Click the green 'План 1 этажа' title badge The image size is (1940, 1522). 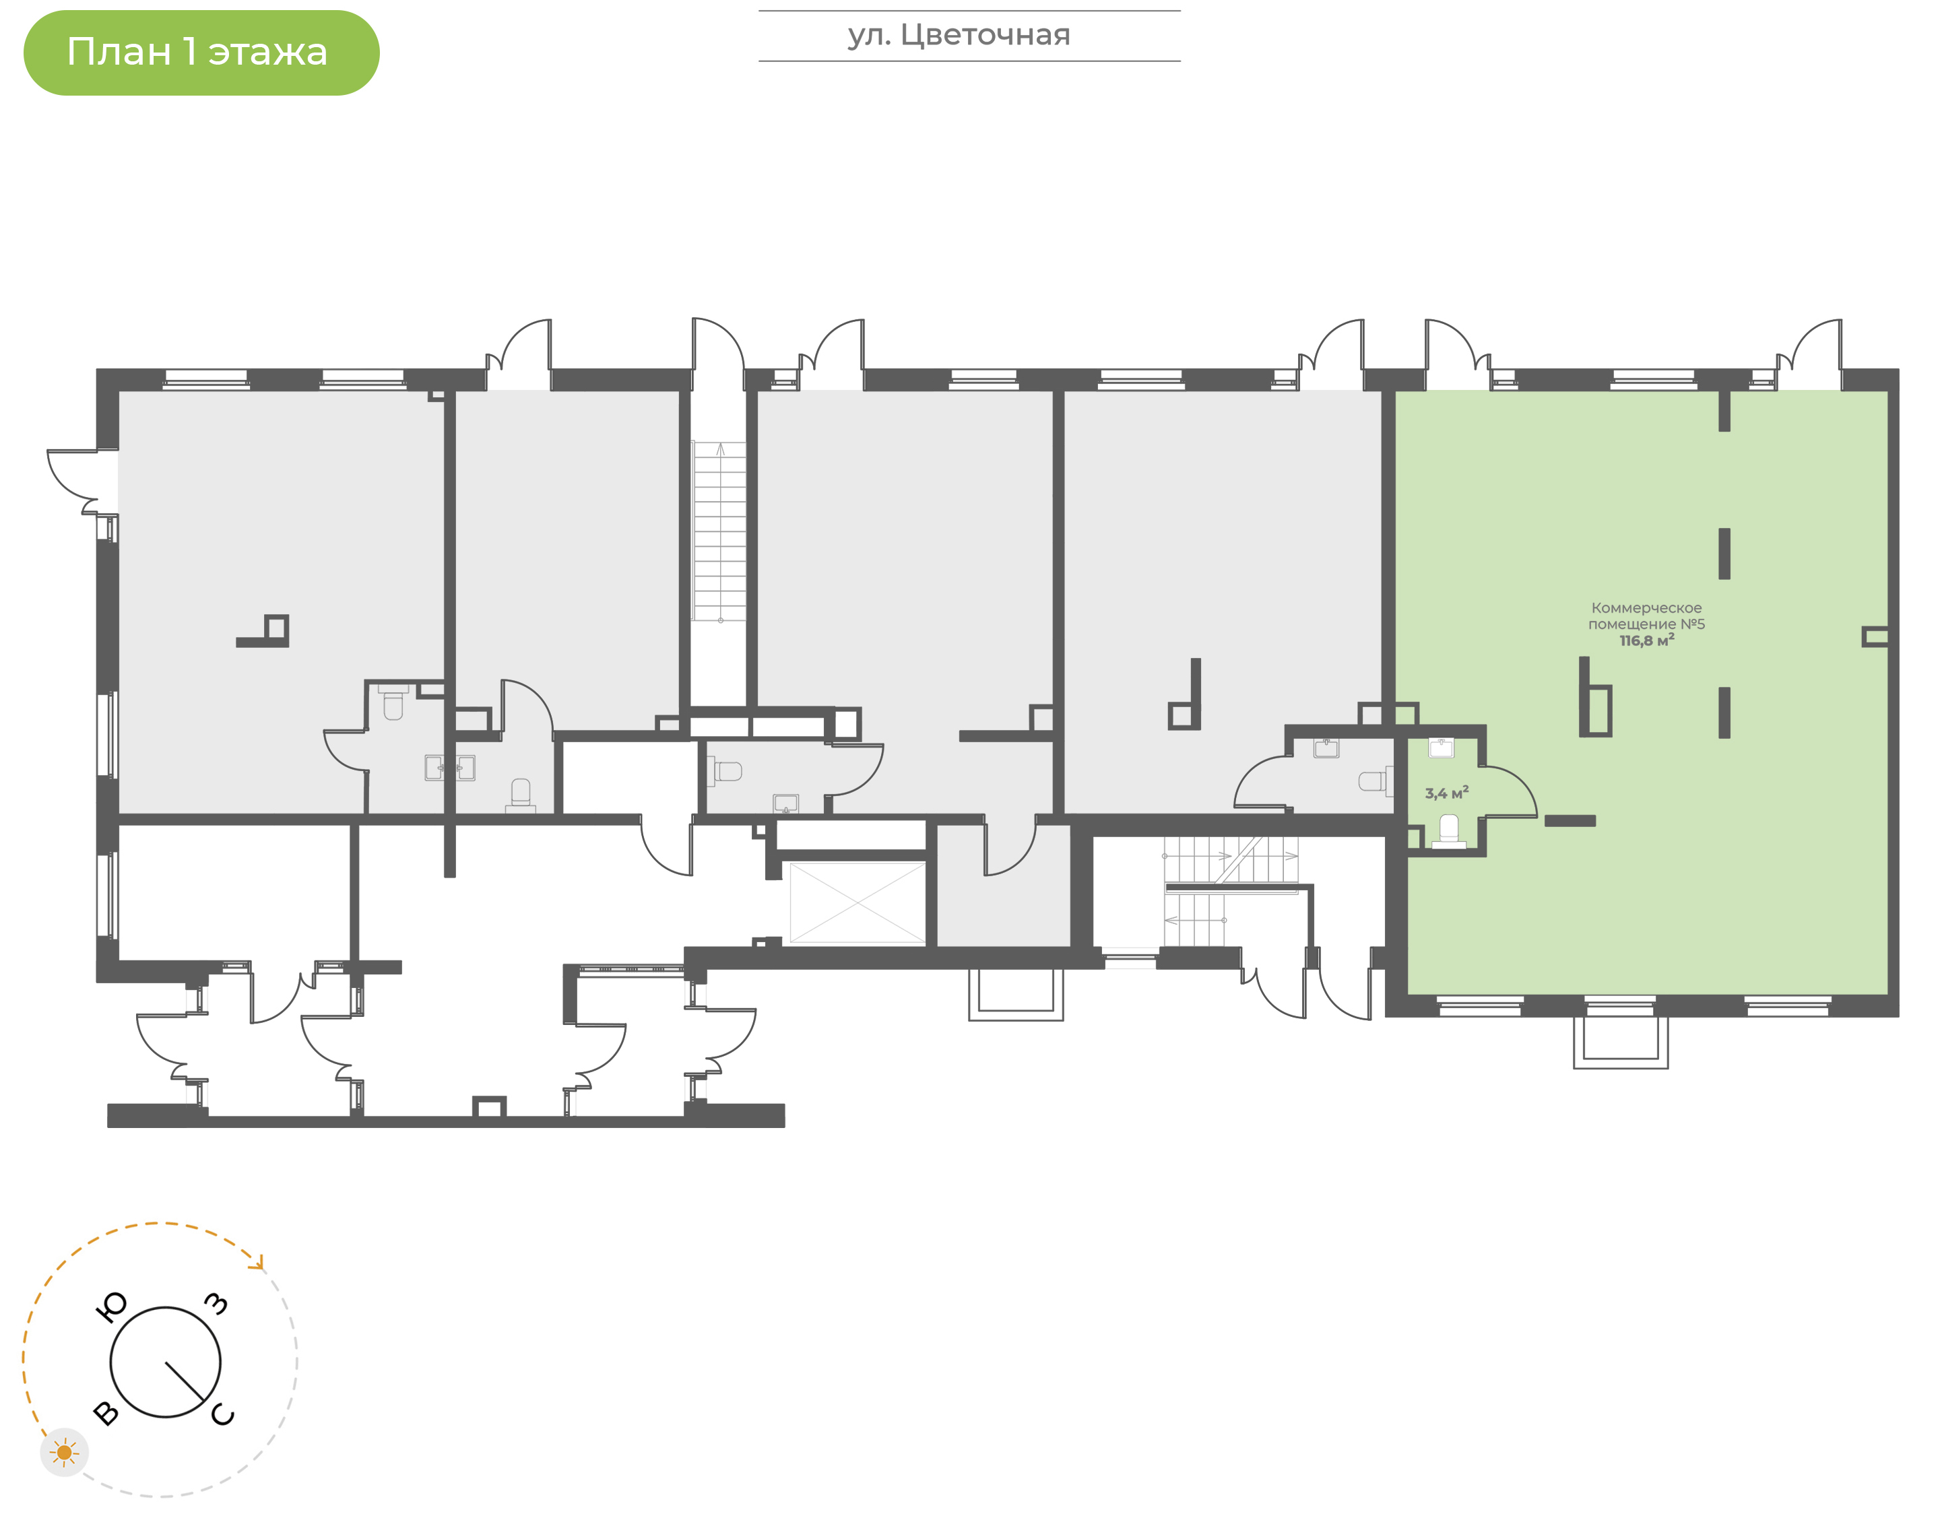coord(201,53)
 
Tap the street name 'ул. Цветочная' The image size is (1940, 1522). coord(959,36)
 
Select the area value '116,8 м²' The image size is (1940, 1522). coord(1646,640)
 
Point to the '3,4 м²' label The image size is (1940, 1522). coord(1446,792)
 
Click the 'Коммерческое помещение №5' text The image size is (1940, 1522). coord(1646,616)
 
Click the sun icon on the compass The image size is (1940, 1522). coord(64,1453)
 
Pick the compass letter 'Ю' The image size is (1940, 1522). coord(110,1307)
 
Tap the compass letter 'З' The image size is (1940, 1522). coord(216,1304)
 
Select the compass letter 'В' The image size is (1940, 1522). coord(106,1412)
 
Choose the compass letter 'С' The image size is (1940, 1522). coord(223,1414)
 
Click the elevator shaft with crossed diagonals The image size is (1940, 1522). coord(858,902)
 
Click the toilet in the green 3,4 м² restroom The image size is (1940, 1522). coord(1449,832)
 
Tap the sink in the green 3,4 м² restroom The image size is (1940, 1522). coord(1441,748)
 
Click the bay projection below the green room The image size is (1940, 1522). coord(1620,1042)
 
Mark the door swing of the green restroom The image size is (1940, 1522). coord(1510,792)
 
